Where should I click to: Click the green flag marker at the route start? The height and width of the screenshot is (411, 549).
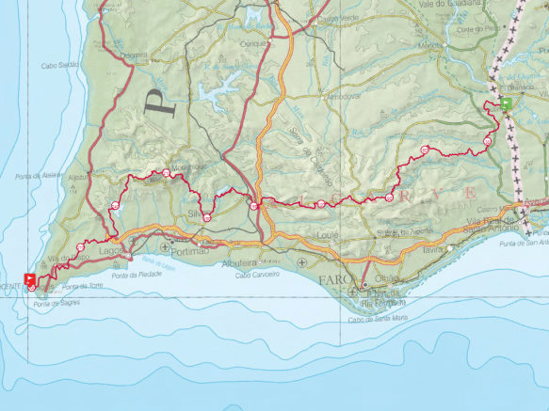[x=507, y=103]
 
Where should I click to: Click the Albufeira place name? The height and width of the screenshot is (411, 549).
[x=239, y=264]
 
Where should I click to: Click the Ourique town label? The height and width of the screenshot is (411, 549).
[x=253, y=42]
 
